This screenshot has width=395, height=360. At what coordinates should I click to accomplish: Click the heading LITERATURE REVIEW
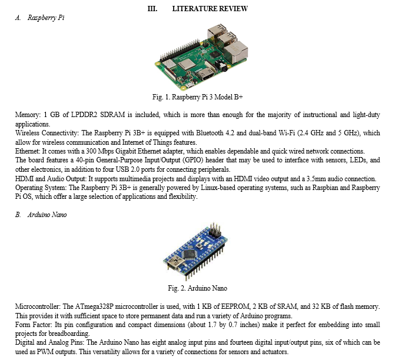pyautogui.click(x=210, y=9)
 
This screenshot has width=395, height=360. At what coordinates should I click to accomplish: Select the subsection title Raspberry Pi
pyautogui.click(x=46, y=18)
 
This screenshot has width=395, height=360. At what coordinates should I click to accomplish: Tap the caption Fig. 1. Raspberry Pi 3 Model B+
pyautogui.click(x=198, y=97)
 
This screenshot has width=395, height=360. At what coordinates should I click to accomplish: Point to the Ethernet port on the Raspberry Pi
pyautogui.click(x=236, y=52)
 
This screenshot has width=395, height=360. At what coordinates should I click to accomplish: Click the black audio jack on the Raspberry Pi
pyautogui.click(x=223, y=66)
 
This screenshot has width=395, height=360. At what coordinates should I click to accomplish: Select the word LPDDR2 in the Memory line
pyautogui.click(x=84, y=115)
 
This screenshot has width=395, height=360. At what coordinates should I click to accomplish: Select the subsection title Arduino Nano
pyautogui.click(x=47, y=215)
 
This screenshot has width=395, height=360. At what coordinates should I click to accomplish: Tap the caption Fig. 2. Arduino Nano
pyautogui.click(x=198, y=288)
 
